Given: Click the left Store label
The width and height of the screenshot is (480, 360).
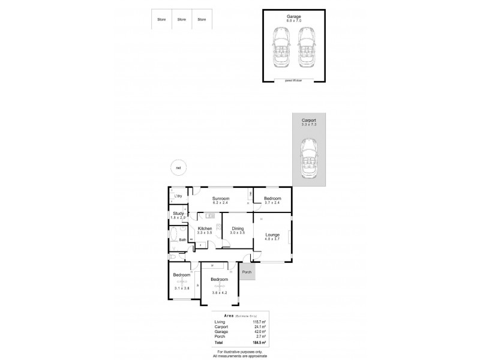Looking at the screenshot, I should [x=161, y=20].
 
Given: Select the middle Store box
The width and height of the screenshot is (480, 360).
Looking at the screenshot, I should [x=182, y=19].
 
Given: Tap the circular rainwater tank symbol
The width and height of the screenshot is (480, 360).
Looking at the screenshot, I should [x=178, y=168].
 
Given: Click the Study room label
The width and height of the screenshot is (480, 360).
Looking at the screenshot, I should [x=178, y=213].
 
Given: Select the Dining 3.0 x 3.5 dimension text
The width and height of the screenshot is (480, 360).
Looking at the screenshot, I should [x=238, y=233].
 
